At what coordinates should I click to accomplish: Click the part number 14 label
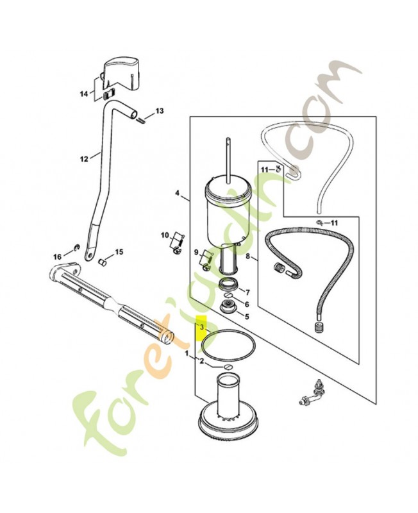click(x=84, y=94)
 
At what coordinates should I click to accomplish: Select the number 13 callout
click(x=159, y=111)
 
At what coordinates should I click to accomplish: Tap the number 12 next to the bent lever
click(x=84, y=159)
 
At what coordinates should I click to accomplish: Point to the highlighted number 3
click(x=202, y=327)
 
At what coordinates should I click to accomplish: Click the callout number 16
click(x=57, y=257)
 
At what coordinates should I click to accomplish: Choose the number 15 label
click(x=119, y=252)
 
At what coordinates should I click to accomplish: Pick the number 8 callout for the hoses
click(x=247, y=256)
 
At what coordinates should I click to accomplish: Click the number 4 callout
click(x=177, y=193)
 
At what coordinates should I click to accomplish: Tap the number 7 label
click(x=247, y=292)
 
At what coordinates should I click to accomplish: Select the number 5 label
click(x=247, y=316)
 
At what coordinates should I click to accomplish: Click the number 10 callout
click(x=165, y=235)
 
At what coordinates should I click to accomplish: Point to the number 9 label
click(x=196, y=252)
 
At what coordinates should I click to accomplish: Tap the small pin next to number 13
click(x=142, y=120)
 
